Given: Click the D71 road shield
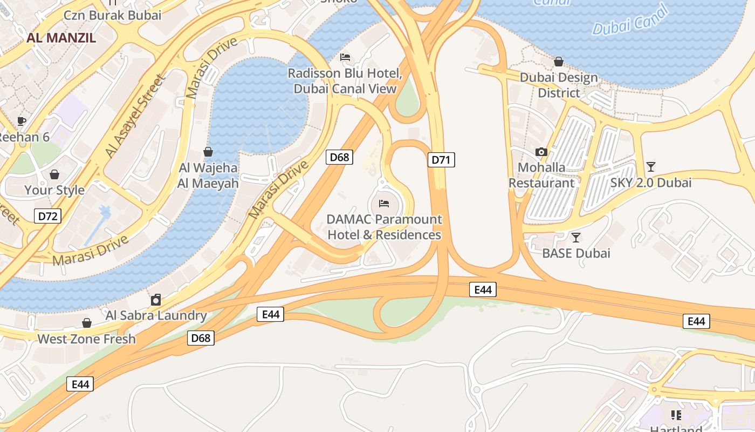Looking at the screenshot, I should (441, 159).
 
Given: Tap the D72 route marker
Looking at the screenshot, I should (47, 217).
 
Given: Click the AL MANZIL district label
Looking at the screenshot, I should (61, 38).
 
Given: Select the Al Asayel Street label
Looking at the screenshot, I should (135, 117).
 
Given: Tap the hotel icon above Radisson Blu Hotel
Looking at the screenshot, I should (345, 57).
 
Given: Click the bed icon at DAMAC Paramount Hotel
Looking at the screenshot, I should (384, 204).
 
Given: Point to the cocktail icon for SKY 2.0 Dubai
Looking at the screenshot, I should (651, 167).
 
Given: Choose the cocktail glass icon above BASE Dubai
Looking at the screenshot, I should (576, 237).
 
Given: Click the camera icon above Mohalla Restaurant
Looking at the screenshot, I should (541, 152).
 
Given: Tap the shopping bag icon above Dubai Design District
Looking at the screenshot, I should (559, 62).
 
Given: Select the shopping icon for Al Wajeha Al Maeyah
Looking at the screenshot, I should (208, 152).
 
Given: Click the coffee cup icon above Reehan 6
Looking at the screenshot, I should (21, 121).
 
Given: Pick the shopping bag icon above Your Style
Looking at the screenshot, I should (54, 174).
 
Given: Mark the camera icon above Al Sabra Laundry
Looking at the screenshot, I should (156, 300).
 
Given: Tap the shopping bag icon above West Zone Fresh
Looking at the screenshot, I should (86, 323).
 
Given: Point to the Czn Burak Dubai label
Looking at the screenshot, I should (112, 15).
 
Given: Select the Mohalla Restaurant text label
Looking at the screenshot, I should (541, 175).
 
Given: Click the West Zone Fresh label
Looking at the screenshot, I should (86, 339).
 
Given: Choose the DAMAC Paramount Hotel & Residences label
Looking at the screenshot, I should (384, 227).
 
